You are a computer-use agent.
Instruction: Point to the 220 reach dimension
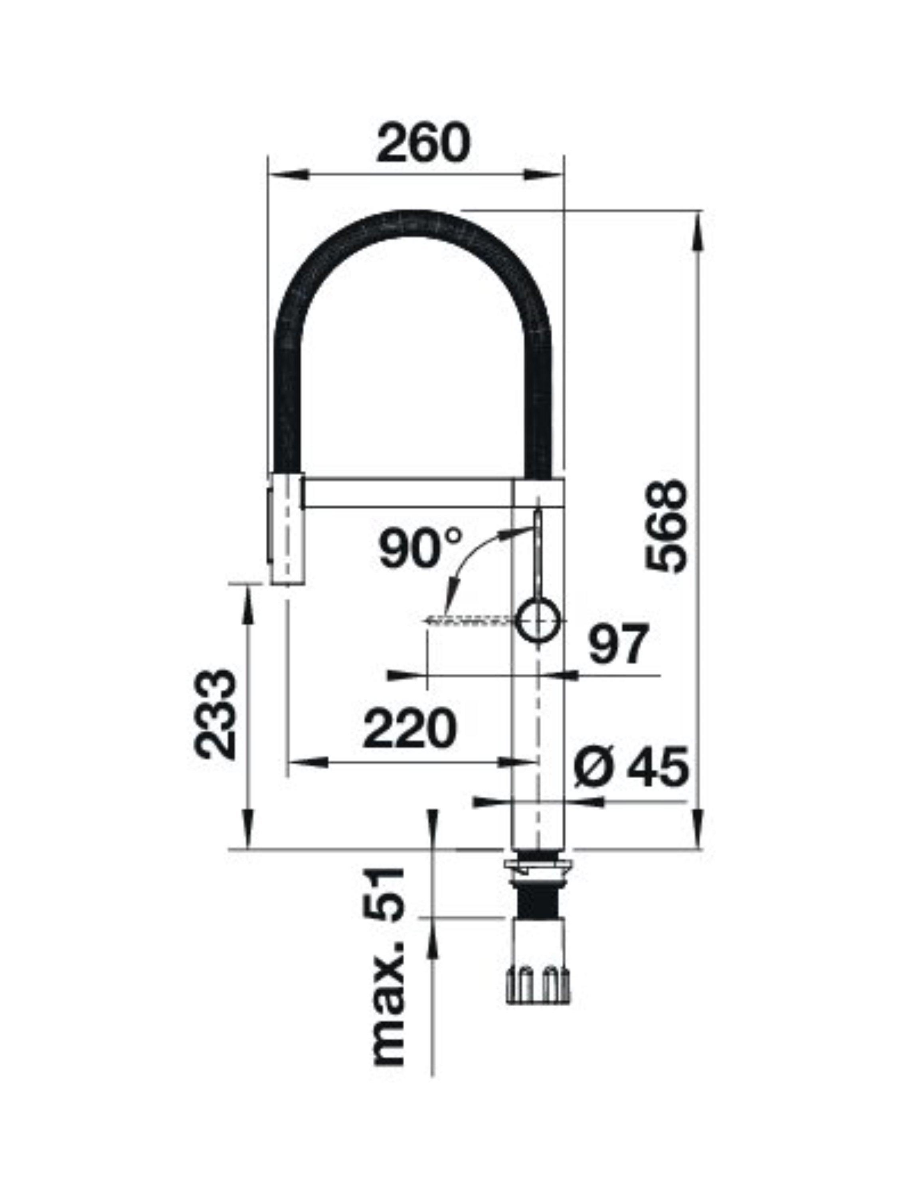[x=410, y=729]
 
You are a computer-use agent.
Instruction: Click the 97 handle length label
[x=618, y=644]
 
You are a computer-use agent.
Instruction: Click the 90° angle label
[x=421, y=547]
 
